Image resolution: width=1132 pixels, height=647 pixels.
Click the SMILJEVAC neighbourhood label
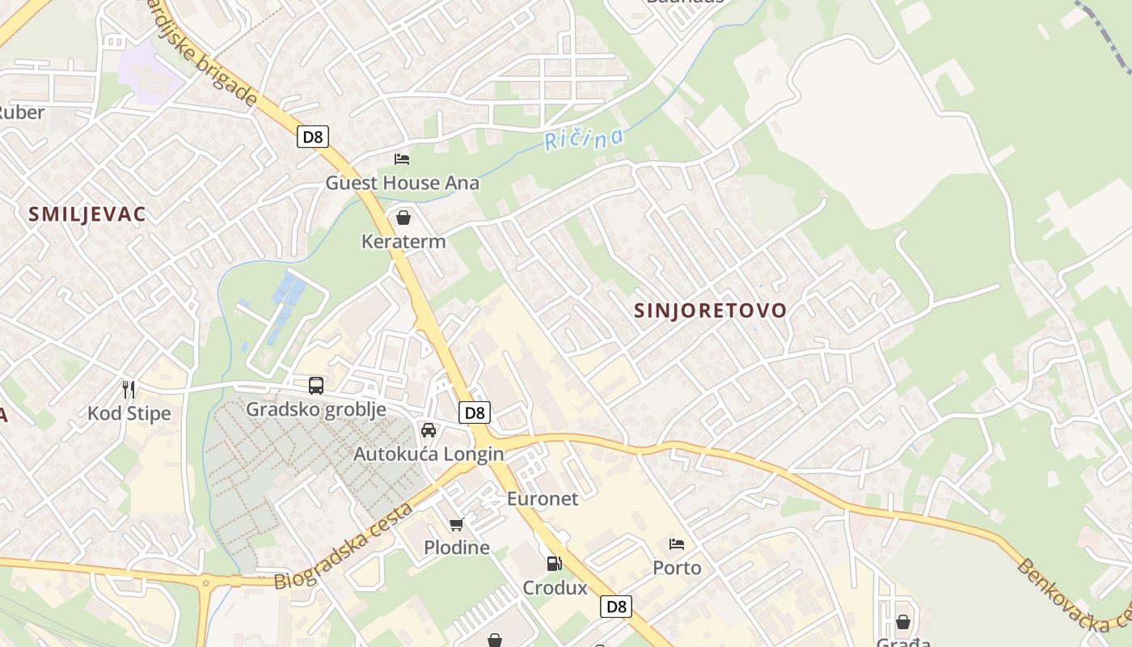tap(87, 214)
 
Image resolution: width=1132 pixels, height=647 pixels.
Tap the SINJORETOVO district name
tap(710, 311)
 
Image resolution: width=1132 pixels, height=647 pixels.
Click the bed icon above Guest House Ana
tap(402, 159)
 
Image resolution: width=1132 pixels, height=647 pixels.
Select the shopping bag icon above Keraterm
tap(403, 218)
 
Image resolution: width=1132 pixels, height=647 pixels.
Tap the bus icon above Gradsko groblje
tap(316, 386)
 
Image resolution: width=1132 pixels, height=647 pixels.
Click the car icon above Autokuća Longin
tap(429, 430)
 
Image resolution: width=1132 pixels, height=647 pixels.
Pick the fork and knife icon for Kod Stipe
tap(129, 390)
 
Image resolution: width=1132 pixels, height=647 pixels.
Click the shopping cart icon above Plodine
tap(457, 524)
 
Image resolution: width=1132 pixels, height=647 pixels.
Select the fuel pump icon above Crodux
tap(554, 564)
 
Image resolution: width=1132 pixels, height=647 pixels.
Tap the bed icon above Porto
tap(677, 544)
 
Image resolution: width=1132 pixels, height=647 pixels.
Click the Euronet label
tap(543, 499)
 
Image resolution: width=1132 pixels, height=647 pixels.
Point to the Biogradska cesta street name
tap(344, 546)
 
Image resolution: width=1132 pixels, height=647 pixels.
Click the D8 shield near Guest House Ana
tap(312, 137)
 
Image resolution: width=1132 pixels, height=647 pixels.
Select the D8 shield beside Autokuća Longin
tap(475, 413)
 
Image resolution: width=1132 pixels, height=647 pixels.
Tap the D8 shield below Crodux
tap(616, 606)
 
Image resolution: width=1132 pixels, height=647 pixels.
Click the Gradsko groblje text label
tap(316, 409)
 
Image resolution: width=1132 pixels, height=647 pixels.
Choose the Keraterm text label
tap(403, 241)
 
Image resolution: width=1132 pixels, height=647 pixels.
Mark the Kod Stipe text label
tap(129, 414)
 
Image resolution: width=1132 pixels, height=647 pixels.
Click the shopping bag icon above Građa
tap(903, 622)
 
